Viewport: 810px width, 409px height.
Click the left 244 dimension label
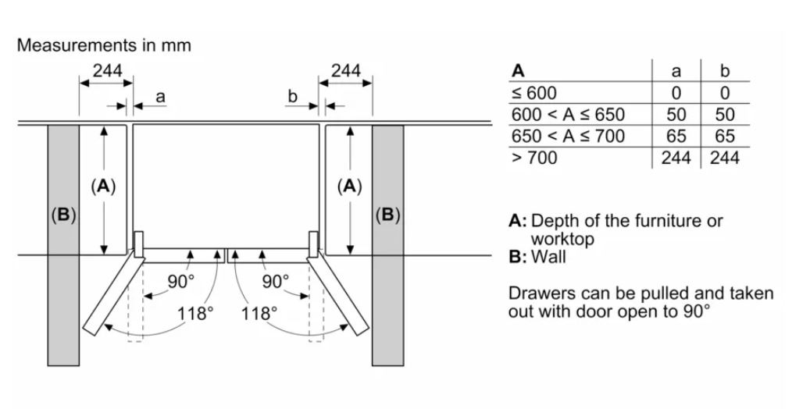click(x=107, y=70)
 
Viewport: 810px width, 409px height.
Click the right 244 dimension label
click(x=346, y=70)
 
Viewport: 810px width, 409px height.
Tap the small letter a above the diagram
click(x=160, y=97)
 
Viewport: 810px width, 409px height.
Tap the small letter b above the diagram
click(x=293, y=97)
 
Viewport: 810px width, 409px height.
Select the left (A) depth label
click(x=103, y=187)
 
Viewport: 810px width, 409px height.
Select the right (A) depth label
click(x=350, y=187)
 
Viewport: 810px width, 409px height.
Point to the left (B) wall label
click(x=63, y=215)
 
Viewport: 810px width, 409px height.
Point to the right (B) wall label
click(x=387, y=215)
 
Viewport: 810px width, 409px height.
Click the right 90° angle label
click(x=275, y=281)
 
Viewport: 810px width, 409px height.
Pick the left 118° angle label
click(x=195, y=314)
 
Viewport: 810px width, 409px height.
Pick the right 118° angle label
click(x=260, y=314)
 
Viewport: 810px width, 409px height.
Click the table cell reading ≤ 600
click(x=534, y=93)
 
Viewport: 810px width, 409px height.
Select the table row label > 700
click(x=534, y=158)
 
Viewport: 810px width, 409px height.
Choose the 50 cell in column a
click(x=676, y=115)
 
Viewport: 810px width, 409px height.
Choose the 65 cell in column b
click(x=725, y=137)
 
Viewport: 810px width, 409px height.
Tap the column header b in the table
click(x=725, y=71)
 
